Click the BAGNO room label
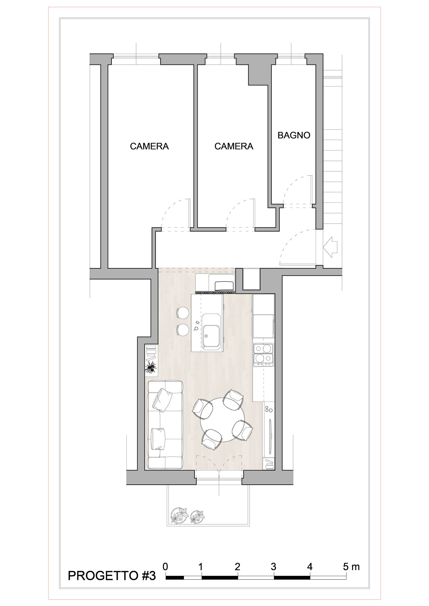click(294, 135)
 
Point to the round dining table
click(223, 420)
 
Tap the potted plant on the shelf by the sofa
click(151, 366)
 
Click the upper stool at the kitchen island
click(183, 313)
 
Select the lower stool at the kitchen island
click(183, 330)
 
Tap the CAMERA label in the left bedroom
click(149, 147)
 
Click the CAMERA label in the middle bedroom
click(234, 147)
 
